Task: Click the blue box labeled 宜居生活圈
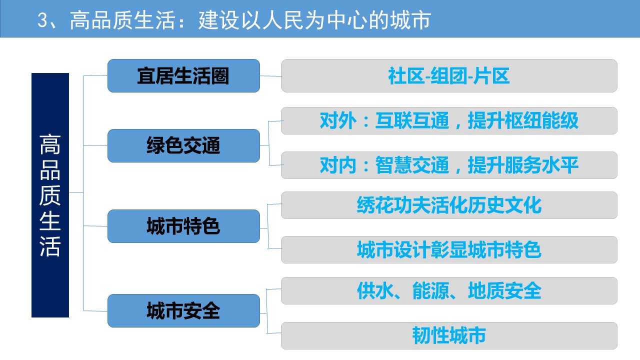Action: click(183, 75)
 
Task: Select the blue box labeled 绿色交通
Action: click(183, 145)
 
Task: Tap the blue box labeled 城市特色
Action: click(183, 226)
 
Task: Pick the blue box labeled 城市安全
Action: click(183, 311)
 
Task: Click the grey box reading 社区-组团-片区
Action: click(449, 75)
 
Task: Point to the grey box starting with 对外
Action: click(449, 120)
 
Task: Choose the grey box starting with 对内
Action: click(449, 165)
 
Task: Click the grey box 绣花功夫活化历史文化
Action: click(449, 205)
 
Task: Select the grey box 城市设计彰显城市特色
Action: click(449, 249)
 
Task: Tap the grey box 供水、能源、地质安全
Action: click(449, 291)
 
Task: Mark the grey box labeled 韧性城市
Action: click(449, 335)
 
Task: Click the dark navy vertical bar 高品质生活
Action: click(50, 195)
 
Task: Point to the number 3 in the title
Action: click(42, 20)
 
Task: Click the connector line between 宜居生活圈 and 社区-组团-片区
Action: click(271, 76)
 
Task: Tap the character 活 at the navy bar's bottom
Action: click(50, 246)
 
